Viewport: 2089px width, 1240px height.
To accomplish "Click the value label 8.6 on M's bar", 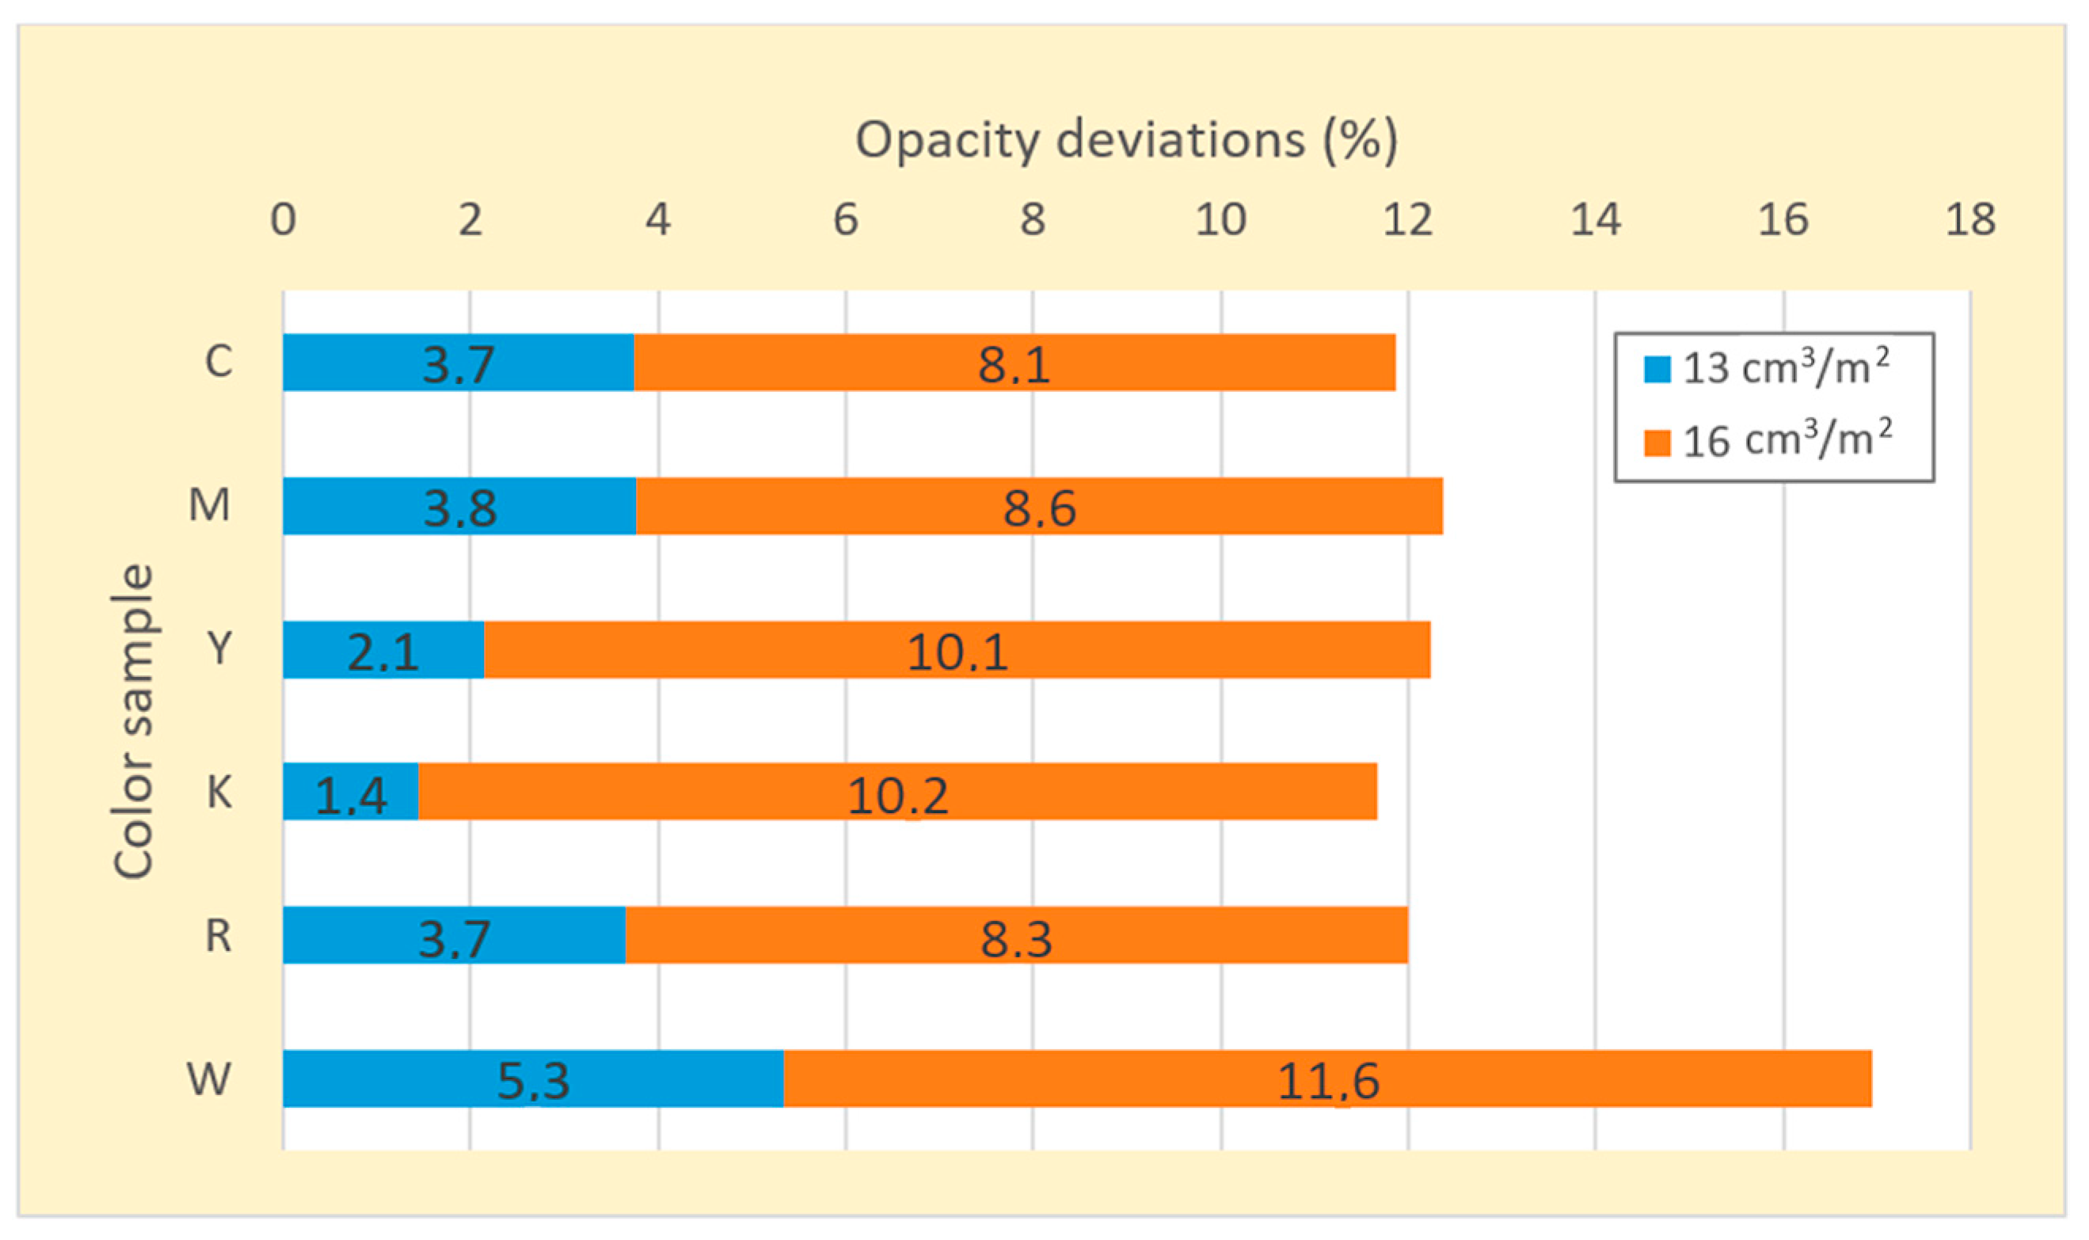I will tap(1039, 509).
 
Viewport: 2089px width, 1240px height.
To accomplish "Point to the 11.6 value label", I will tap(1327, 1082).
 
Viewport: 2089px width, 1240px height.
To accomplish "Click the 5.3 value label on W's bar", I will tap(533, 1082).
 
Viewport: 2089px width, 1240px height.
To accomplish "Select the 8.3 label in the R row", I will tap(1015, 938).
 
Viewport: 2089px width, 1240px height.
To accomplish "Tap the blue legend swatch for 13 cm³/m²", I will tap(1656, 369).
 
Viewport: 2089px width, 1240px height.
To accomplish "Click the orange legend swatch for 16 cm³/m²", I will tap(1656, 443).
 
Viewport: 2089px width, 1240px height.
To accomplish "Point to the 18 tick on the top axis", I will tap(1969, 220).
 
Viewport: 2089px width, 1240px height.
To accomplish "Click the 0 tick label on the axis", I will tap(283, 220).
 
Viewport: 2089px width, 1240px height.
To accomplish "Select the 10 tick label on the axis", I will tap(1220, 220).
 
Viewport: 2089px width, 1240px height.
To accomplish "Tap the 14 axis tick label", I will tap(1595, 220).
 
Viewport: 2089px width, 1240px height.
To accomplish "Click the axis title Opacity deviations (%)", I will tap(1125, 139).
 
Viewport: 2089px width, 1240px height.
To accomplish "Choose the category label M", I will tap(209, 504).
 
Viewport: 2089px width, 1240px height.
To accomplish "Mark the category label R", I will tap(218, 935).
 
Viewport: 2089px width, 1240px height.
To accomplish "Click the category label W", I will tap(208, 1078).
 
